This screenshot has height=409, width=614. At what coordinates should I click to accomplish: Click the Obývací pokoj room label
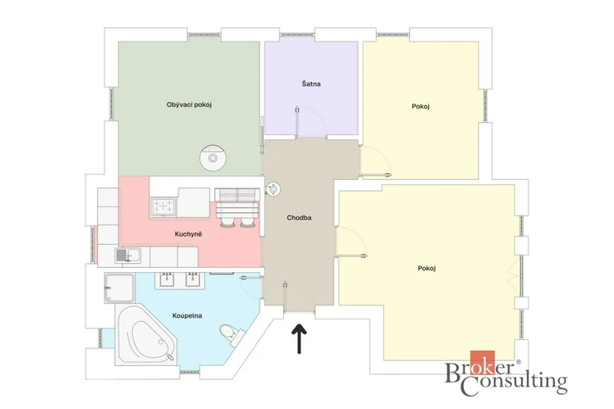[x=189, y=105]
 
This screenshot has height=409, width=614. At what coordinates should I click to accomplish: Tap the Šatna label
[x=311, y=83]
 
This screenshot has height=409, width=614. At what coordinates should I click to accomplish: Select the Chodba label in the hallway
[x=300, y=217]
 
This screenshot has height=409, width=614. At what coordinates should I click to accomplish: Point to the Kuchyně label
[x=188, y=234]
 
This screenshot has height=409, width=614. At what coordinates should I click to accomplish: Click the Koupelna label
[x=188, y=315]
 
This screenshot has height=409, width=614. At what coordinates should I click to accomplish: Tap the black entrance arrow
[x=300, y=338]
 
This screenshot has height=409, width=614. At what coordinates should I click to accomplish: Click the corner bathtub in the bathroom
[x=146, y=336]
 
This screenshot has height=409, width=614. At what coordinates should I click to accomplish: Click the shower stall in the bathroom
[x=119, y=288]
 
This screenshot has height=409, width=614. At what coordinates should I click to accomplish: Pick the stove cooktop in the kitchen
[x=163, y=207]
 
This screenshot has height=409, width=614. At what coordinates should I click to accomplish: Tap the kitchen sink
[x=128, y=256]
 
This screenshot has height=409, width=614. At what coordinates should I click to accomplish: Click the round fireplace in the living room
[x=212, y=158]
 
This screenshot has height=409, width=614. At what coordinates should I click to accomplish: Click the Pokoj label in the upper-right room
[x=421, y=106]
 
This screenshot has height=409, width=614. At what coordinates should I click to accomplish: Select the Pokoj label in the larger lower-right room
[x=426, y=269]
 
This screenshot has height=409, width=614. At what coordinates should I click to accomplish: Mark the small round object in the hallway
[x=273, y=190]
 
